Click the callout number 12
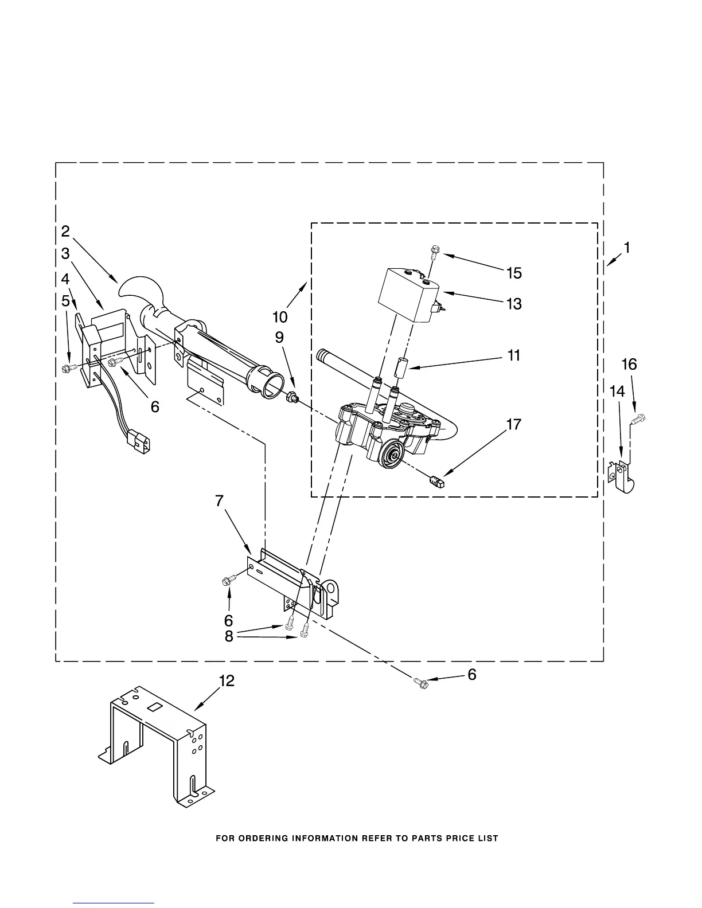click(227, 681)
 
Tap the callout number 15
click(514, 273)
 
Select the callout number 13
click(514, 303)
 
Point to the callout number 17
click(514, 425)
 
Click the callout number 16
click(629, 364)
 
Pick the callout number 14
click(617, 392)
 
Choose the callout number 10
click(280, 316)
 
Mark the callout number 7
click(219, 500)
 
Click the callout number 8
click(229, 637)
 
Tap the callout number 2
click(65, 231)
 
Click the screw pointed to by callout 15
click(435, 250)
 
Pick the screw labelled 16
click(638, 421)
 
